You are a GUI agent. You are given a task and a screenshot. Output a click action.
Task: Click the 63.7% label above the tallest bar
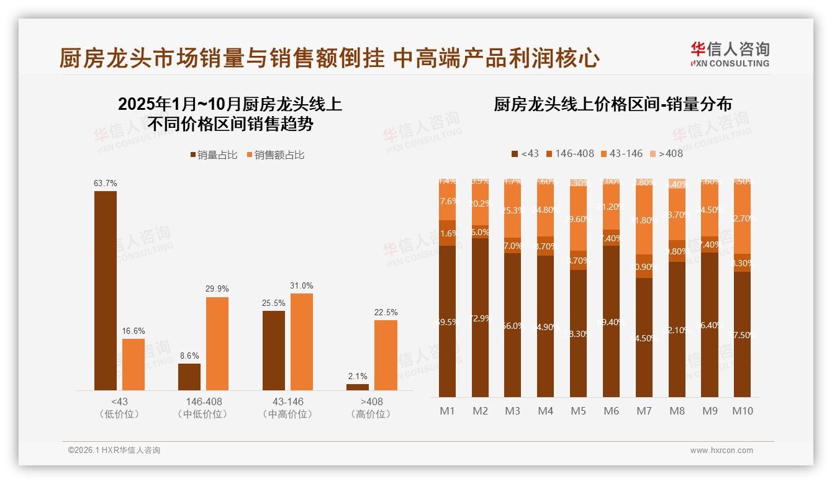[x=106, y=184]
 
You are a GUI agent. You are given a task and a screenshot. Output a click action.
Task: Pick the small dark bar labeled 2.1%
[x=358, y=387]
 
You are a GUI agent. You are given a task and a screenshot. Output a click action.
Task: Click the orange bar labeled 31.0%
[x=302, y=342]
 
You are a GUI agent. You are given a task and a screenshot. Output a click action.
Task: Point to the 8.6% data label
[x=189, y=356]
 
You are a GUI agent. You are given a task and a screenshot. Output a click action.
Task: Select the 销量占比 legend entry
[x=214, y=155]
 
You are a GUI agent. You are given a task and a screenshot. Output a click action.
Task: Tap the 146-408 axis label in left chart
[x=204, y=401]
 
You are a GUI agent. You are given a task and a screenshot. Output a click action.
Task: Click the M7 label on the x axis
[x=644, y=411]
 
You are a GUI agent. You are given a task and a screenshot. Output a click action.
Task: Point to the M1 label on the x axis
[x=447, y=411]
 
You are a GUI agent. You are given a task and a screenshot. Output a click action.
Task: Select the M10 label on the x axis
[x=742, y=411]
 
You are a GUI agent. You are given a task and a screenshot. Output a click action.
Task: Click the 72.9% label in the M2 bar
[x=480, y=318]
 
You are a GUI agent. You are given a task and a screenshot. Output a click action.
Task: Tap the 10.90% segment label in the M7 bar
[x=644, y=267]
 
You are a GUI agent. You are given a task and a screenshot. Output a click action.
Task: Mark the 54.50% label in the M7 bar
[x=644, y=338]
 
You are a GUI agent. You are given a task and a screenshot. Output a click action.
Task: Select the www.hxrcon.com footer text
[x=721, y=450]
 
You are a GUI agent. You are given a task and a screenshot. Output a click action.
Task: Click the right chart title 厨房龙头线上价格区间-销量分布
[x=612, y=104]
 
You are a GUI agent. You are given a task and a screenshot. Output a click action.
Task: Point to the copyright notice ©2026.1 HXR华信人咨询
[x=114, y=450]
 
